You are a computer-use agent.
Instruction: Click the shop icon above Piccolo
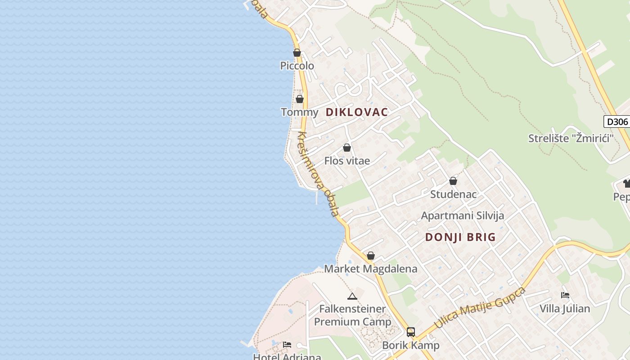click(297, 53)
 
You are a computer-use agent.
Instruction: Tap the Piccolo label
click(297, 66)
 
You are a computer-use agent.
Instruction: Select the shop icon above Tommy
click(300, 99)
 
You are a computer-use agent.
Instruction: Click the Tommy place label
click(299, 112)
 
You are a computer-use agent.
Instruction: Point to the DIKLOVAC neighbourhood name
click(357, 112)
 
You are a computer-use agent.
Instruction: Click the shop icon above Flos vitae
click(347, 148)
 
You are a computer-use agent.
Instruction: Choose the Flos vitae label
click(347, 161)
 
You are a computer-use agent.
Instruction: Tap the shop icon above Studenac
click(453, 181)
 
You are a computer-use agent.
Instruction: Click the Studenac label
click(453, 194)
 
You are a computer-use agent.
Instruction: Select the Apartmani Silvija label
click(462, 216)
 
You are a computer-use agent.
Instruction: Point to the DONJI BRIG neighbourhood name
click(460, 237)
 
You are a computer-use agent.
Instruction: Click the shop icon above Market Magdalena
click(371, 256)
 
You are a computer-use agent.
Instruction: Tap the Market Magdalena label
click(371, 269)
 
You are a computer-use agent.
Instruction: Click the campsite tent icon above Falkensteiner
click(352, 296)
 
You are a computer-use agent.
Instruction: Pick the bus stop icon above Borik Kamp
click(411, 332)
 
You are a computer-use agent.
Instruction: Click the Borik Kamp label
click(411, 346)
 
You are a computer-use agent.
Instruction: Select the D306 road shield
click(616, 121)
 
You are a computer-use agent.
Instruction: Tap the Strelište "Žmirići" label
click(571, 138)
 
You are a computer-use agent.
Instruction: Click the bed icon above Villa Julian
click(565, 295)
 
